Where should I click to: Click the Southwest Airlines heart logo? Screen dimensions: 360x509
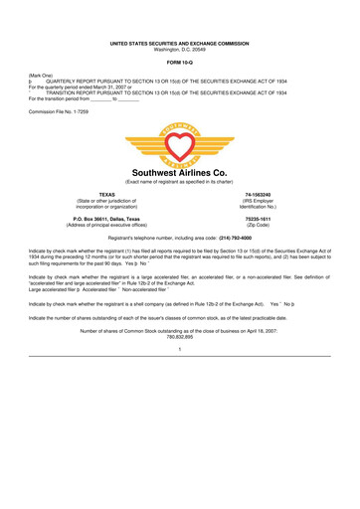pos(179,139)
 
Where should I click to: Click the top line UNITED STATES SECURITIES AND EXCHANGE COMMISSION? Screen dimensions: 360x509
pos(179,34)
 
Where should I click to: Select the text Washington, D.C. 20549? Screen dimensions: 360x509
pos(179,41)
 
